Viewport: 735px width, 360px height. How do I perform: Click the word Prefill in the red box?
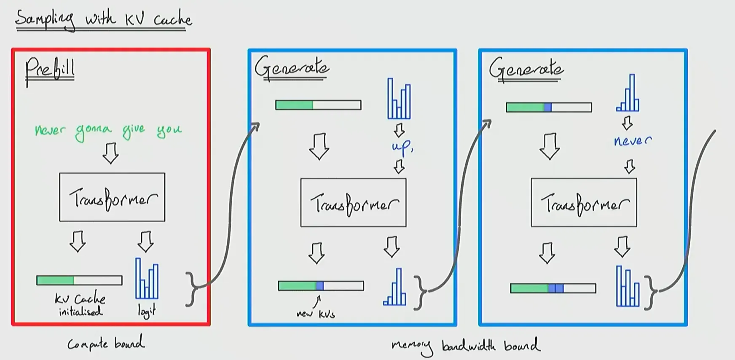pos(50,70)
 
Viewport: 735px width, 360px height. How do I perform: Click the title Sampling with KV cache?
pos(103,19)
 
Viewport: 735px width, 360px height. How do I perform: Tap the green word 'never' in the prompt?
pos(50,130)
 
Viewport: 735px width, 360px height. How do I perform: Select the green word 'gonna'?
pos(93,132)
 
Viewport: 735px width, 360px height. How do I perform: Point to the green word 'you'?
pos(169,131)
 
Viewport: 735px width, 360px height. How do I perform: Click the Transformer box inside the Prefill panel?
pos(112,197)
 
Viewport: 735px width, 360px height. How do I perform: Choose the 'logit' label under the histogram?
pos(147,311)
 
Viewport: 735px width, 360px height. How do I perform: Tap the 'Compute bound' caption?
pos(106,344)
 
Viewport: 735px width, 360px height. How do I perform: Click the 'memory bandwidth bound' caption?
pos(465,346)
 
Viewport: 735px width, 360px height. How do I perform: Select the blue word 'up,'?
pos(402,147)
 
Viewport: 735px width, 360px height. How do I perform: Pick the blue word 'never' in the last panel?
pos(632,141)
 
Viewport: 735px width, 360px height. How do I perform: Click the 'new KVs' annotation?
pos(315,313)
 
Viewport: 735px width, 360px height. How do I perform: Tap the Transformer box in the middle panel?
pos(353,203)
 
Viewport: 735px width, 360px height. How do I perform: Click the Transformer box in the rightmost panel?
pos(584,203)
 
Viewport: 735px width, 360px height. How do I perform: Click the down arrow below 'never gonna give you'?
pos(111,153)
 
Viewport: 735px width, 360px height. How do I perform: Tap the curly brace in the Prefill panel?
pos(192,289)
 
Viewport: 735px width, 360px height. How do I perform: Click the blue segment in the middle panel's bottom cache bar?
pos(320,286)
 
